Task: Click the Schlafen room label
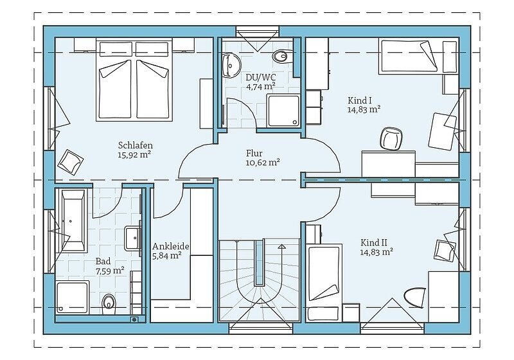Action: click(x=136, y=145)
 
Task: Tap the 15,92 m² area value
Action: click(x=134, y=154)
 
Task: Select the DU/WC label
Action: click(x=261, y=77)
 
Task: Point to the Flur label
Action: click(x=254, y=153)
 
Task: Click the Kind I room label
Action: click(x=357, y=100)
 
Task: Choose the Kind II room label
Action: click(x=374, y=242)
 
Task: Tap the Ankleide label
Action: click(x=171, y=246)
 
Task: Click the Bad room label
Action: click(x=103, y=261)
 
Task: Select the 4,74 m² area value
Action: click(x=261, y=87)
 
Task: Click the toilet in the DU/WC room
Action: click(x=281, y=57)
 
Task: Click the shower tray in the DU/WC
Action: click(x=283, y=111)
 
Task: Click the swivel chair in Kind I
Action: click(x=391, y=139)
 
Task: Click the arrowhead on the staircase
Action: click(x=281, y=247)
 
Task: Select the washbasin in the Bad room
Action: click(x=133, y=238)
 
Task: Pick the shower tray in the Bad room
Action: click(x=73, y=298)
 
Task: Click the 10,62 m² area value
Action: click(x=263, y=163)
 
